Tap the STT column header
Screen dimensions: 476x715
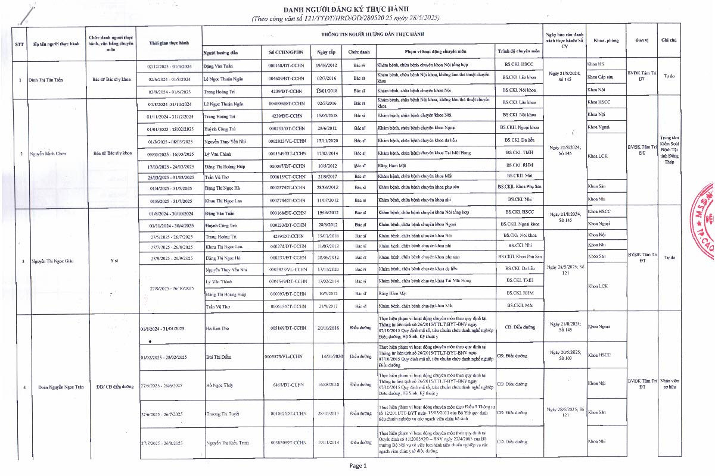point(18,43)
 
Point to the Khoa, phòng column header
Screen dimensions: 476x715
point(606,40)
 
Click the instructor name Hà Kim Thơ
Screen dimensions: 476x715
point(216,328)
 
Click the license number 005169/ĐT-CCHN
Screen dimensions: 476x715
point(288,328)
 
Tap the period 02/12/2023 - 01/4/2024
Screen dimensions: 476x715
point(169,65)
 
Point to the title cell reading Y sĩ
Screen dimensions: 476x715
point(114,261)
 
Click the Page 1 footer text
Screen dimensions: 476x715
point(359,466)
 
